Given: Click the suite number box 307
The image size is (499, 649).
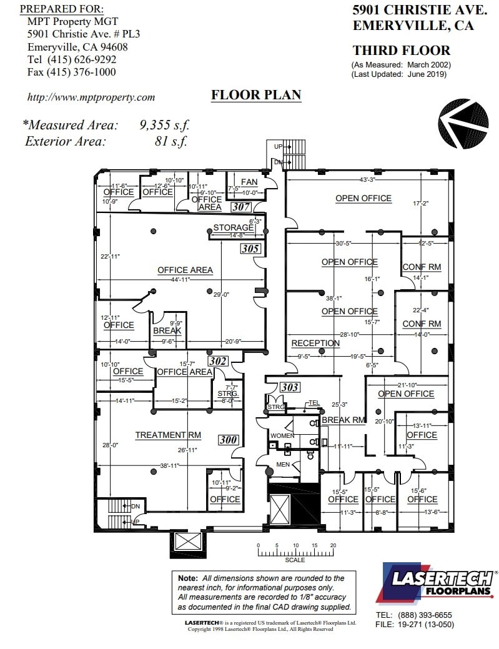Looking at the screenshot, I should [x=241, y=206].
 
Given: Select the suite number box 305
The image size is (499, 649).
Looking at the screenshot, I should [x=250, y=249].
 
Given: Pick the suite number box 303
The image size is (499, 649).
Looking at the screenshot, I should [x=290, y=387].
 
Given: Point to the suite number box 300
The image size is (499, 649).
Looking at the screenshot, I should [x=229, y=440].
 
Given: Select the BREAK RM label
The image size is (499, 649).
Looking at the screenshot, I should [x=343, y=420].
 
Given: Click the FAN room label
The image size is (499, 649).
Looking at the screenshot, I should [x=249, y=182].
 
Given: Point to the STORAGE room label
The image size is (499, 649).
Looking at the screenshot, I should [x=234, y=227].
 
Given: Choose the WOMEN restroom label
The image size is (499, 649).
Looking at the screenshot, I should [x=282, y=435].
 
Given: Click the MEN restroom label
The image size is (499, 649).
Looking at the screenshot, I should [x=283, y=465].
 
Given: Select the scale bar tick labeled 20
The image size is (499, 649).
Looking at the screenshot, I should [x=333, y=545].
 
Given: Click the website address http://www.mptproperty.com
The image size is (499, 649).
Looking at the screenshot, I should [x=91, y=97].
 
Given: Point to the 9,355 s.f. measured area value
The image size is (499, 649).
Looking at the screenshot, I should [x=163, y=124].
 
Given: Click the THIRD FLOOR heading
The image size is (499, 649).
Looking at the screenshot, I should [x=401, y=51].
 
